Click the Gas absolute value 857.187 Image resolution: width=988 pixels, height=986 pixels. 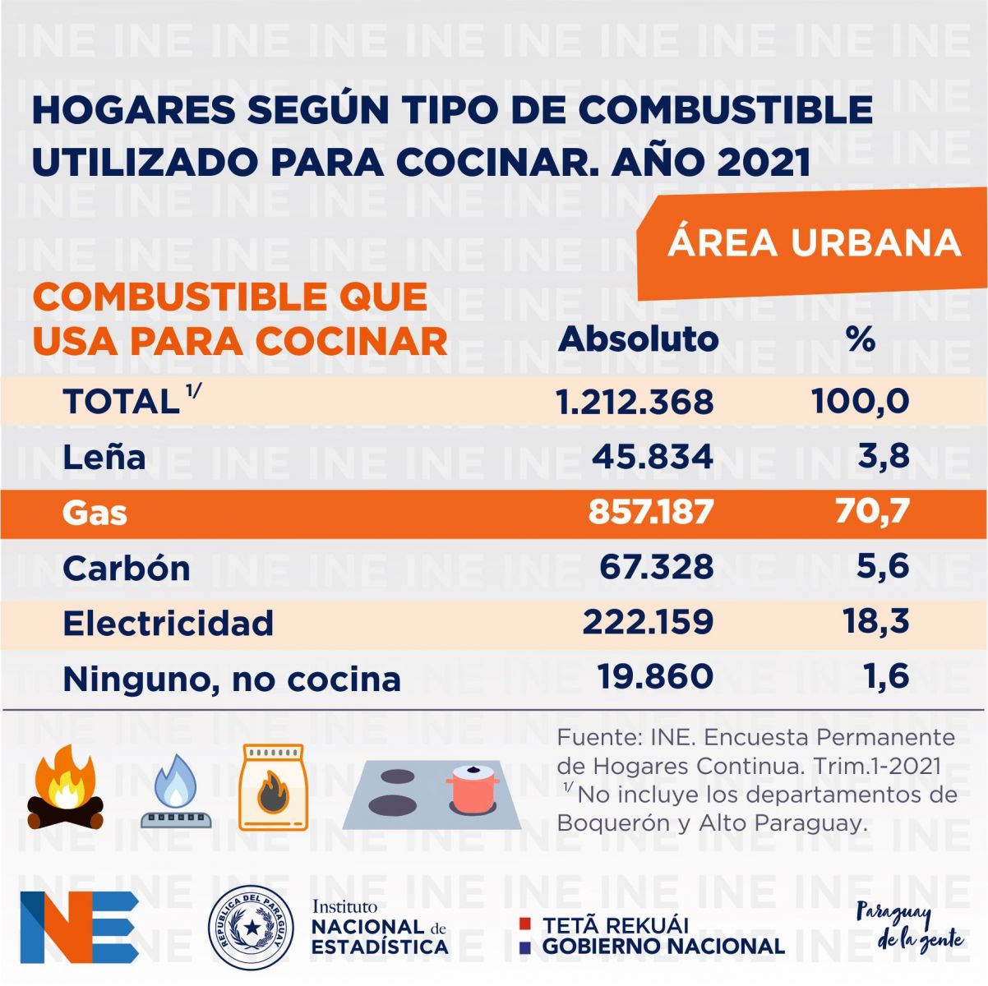pos(650,512)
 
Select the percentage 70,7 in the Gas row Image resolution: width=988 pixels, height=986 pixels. pos(860,512)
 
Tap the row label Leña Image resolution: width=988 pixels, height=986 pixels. pos(104,458)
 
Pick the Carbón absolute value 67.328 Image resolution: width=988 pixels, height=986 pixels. pos(656,567)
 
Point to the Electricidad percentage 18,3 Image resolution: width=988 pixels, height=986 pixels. pos(875,621)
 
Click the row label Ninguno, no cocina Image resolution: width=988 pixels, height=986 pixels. pos(232,679)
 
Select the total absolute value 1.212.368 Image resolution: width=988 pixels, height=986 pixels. pos(635,402)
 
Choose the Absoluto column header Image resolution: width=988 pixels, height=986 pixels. pos(638,339)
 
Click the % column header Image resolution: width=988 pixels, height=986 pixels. pos(860,339)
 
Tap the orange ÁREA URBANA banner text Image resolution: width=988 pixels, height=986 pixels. pos(814,242)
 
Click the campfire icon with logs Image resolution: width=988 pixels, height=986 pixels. pos(66,790)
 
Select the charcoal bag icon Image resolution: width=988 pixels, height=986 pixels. pos(272,788)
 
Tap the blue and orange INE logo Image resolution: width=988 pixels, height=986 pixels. pos(79,926)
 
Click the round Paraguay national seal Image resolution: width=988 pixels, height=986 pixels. pos(250,926)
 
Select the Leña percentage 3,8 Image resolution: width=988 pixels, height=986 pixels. pos(883,457)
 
